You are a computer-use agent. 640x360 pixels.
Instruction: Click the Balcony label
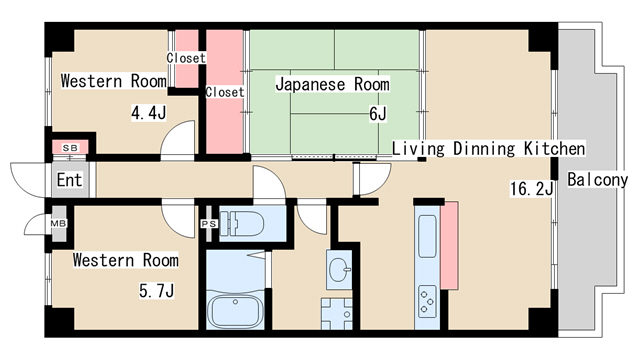(x=597, y=180)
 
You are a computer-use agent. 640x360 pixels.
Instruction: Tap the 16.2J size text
(x=532, y=188)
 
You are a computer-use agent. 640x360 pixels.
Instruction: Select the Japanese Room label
(x=327, y=84)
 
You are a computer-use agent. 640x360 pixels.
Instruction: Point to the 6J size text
(x=377, y=114)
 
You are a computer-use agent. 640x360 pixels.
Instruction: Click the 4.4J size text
(x=147, y=112)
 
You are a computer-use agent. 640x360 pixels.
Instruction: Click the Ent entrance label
(x=68, y=181)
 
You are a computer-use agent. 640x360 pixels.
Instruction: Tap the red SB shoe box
(x=70, y=148)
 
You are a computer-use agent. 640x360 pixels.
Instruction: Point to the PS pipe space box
(x=208, y=223)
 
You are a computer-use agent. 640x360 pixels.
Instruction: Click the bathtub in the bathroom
(x=234, y=310)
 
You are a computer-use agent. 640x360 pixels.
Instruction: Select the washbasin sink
(x=339, y=269)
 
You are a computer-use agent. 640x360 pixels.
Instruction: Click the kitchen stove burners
(x=426, y=298)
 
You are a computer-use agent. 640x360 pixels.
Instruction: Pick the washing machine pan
(x=336, y=312)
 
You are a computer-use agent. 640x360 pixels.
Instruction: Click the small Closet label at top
(x=186, y=58)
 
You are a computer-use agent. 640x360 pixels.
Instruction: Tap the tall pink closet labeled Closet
(x=225, y=92)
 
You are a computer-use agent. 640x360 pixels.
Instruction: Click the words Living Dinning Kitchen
(x=487, y=148)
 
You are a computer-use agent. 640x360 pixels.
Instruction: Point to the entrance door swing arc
(x=22, y=180)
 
